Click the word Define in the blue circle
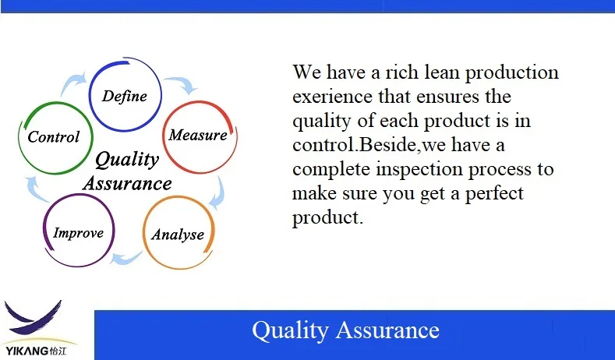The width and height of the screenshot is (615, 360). (x=125, y=96)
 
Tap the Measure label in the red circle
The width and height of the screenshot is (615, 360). (x=198, y=135)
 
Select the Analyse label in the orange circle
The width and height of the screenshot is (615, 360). (x=178, y=235)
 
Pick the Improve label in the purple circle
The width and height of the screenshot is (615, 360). (x=79, y=233)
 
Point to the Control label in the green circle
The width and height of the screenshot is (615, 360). (x=53, y=137)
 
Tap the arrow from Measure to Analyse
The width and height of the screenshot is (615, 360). (x=218, y=193)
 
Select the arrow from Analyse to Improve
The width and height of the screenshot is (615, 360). (x=126, y=257)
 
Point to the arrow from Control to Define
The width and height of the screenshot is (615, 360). (x=73, y=83)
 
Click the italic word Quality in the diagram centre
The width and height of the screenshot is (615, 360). (x=127, y=160)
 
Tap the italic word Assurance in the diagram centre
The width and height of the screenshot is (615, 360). (x=128, y=184)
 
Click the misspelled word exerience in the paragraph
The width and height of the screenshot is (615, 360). (x=332, y=97)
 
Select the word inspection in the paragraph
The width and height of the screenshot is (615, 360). (x=419, y=169)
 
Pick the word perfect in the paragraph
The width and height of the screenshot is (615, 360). (x=494, y=194)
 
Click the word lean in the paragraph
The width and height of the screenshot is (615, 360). (x=441, y=72)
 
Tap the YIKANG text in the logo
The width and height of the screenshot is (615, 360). (x=27, y=351)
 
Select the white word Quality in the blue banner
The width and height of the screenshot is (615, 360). (x=290, y=331)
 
